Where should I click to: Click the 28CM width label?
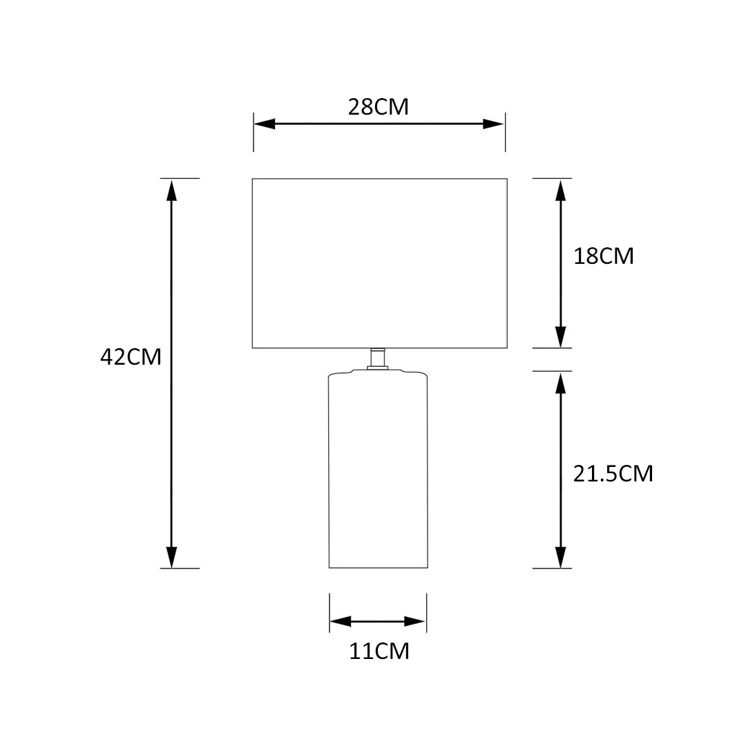click(x=379, y=107)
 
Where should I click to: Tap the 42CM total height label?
click(x=131, y=357)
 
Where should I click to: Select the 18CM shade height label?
click(x=603, y=256)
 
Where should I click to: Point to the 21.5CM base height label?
click(x=613, y=474)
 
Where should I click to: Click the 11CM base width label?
click(x=379, y=651)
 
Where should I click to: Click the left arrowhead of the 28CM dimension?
click(x=265, y=124)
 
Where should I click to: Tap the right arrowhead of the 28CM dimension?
click(x=493, y=124)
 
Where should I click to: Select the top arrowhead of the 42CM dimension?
click(x=171, y=191)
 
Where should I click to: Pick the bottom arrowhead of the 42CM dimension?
click(x=171, y=557)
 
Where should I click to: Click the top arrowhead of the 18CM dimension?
click(x=561, y=191)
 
